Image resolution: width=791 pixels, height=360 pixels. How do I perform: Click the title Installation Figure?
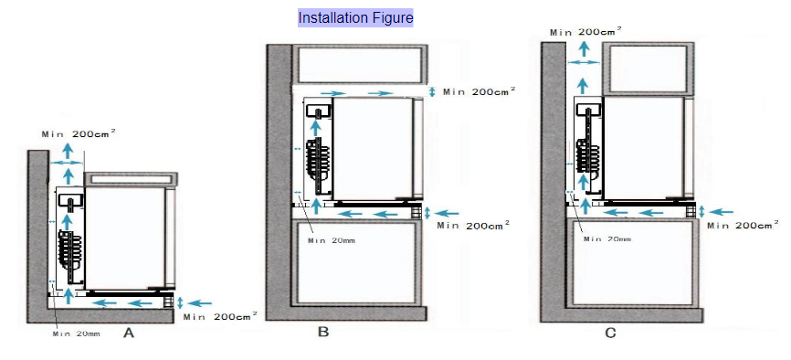(355, 18)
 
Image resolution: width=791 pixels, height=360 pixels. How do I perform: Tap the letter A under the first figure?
(129, 334)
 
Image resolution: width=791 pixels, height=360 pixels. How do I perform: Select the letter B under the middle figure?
(323, 332)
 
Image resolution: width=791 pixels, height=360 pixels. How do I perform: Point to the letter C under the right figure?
(610, 334)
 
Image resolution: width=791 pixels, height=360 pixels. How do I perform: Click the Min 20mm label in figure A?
(76, 334)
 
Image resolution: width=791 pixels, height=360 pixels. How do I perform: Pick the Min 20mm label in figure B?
(332, 240)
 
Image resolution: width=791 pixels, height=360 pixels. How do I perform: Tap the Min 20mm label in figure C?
(607, 238)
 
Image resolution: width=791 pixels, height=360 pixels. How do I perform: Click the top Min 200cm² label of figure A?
(79, 133)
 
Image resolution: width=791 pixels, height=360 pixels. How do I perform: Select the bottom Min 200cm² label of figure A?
(220, 316)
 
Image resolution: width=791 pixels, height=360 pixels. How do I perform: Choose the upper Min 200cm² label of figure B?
(480, 91)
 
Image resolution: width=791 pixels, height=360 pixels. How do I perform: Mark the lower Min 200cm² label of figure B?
(473, 225)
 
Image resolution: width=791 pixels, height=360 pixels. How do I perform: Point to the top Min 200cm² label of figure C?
(585, 31)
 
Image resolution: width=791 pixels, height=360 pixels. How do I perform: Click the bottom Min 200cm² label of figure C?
(744, 225)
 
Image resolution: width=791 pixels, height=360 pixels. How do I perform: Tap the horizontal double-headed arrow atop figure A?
(66, 163)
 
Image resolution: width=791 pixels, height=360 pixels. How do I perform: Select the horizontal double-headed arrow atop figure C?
(584, 62)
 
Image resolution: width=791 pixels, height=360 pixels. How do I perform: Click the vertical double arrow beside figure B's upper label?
(432, 92)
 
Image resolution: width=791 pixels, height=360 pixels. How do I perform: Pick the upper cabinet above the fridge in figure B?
(360, 65)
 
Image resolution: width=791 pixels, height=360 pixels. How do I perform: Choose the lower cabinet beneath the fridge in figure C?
(634, 262)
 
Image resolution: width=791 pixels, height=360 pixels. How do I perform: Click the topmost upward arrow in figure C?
(584, 48)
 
